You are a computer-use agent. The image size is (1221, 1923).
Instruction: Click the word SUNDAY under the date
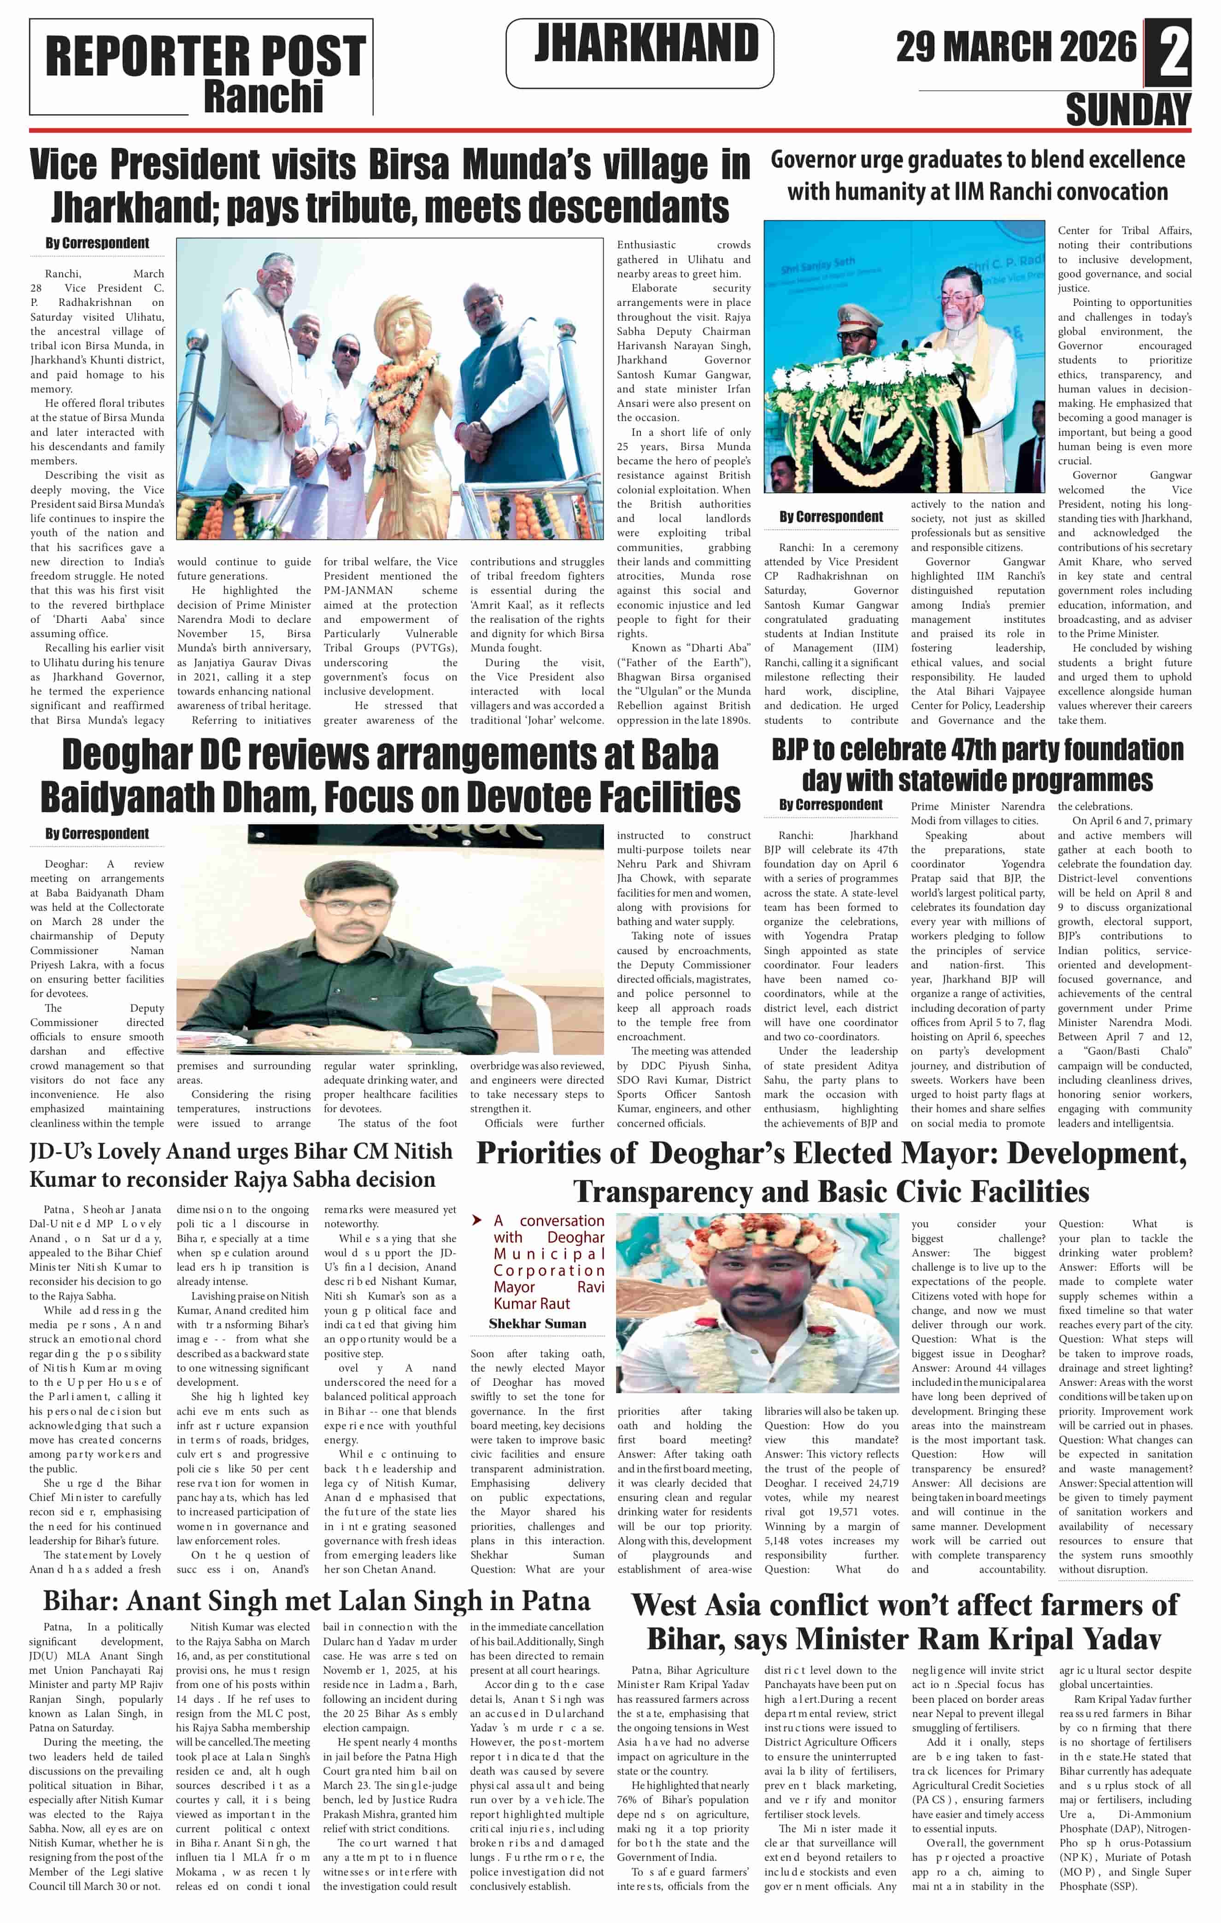click(1127, 109)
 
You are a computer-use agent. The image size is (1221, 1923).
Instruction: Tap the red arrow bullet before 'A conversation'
click(477, 1220)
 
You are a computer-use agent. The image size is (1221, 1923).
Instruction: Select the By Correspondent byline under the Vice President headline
click(97, 243)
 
